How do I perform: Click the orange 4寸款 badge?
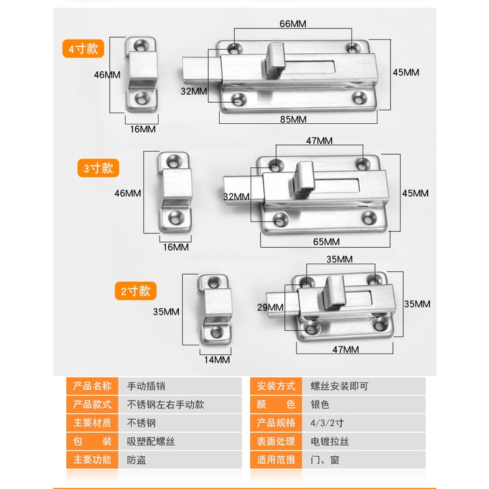click(83, 49)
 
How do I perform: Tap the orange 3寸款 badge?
click(98, 168)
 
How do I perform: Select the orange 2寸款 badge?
click(136, 291)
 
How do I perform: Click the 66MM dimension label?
click(293, 24)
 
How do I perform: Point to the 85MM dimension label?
click(293, 119)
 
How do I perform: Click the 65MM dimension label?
click(326, 241)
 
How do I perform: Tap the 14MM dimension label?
click(217, 360)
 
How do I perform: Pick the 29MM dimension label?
click(270, 308)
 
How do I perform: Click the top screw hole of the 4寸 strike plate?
click(142, 46)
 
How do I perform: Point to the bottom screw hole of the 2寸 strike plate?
click(216, 332)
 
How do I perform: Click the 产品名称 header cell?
click(92, 386)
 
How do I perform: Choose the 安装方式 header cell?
click(276, 386)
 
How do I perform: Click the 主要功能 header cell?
click(92, 460)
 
